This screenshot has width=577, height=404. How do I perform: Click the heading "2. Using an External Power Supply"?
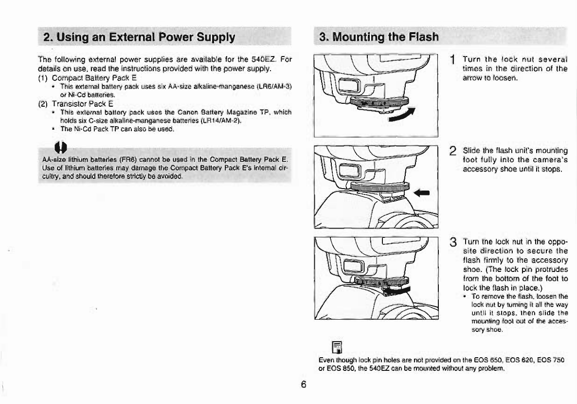click(x=139, y=38)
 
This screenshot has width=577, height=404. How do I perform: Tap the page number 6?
click(x=303, y=385)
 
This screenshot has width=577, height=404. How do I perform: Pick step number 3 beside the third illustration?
click(x=452, y=242)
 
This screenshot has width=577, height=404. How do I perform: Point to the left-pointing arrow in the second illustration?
click(x=421, y=193)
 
